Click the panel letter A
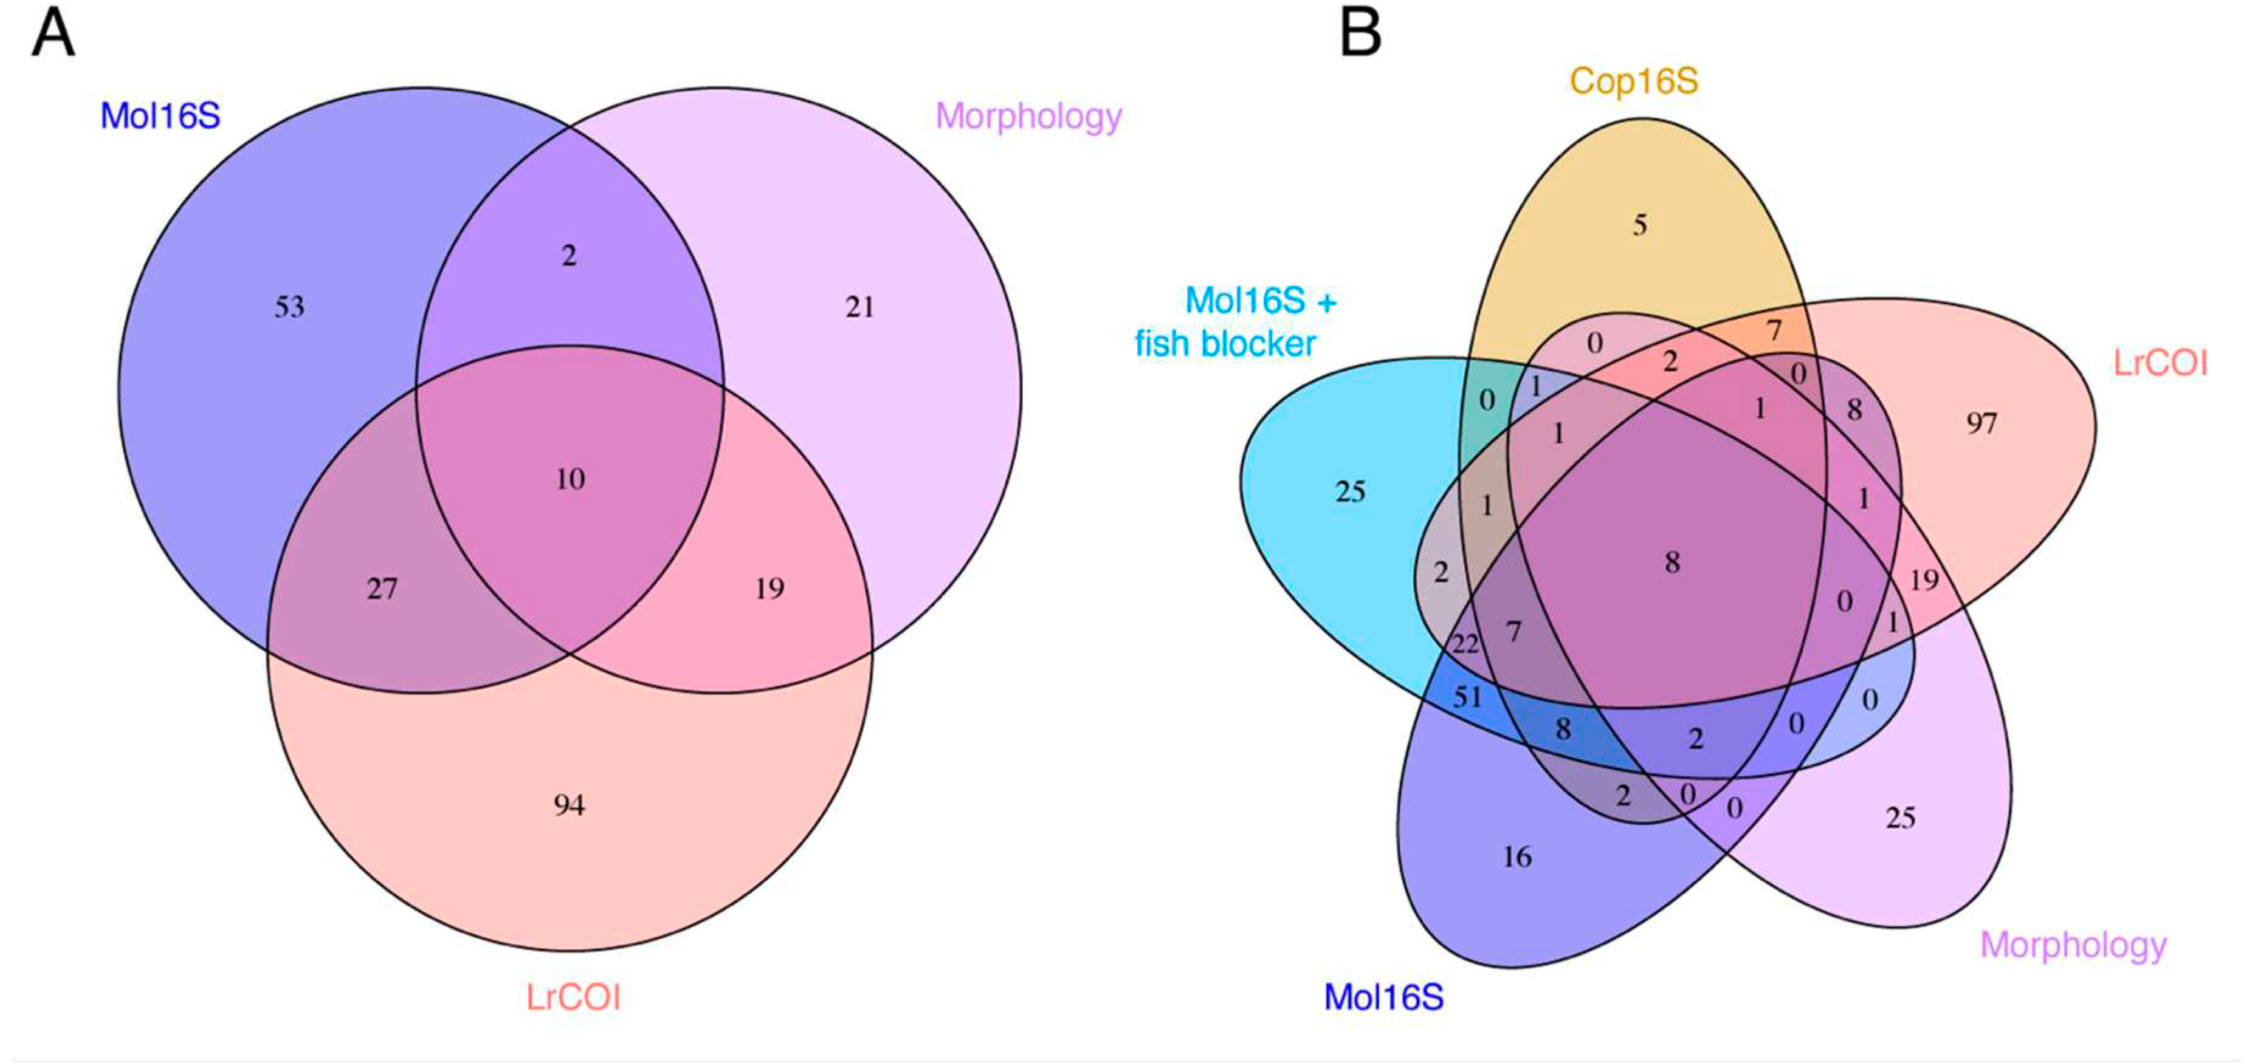(52, 35)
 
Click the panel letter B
(1360, 35)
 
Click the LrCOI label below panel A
(573, 997)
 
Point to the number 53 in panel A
(290, 307)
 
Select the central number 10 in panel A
(570, 479)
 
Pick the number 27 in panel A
(382, 589)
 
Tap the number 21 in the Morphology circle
(859, 307)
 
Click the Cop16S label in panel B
(1633, 81)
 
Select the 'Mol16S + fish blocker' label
(1234, 322)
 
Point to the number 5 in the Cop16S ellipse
(1640, 226)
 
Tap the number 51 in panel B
(1467, 697)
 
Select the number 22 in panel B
(1464, 646)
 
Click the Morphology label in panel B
(2073, 945)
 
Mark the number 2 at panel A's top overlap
(569, 256)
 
